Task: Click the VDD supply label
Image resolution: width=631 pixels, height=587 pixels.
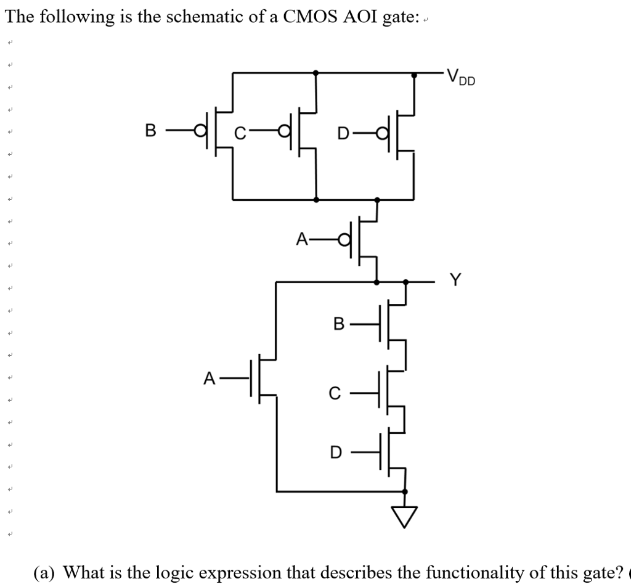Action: tap(461, 77)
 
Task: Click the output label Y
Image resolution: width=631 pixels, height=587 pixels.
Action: tap(455, 281)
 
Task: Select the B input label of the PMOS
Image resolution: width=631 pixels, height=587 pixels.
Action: tap(150, 130)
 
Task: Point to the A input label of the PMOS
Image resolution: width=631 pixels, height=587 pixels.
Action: tap(302, 239)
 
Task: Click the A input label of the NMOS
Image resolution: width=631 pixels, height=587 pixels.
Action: tap(210, 377)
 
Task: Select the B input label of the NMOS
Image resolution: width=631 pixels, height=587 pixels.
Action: tap(337, 323)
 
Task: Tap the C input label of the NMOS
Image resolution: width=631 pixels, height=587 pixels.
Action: tap(334, 392)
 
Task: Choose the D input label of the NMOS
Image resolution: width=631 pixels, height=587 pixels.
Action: tap(335, 452)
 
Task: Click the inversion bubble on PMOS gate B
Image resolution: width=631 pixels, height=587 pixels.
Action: tap(199, 130)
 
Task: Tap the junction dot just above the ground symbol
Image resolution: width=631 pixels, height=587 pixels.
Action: tap(405, 491)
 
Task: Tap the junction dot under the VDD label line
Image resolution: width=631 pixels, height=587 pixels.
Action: tap(413, 75)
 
